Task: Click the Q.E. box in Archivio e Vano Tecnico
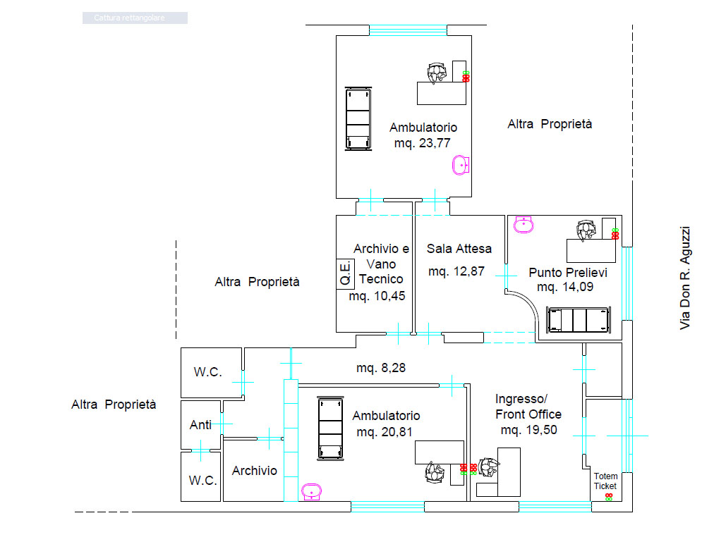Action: tap(345, 274)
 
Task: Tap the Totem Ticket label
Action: tap(605, 481)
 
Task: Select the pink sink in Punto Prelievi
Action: tap(524, 224)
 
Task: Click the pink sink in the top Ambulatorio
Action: tap(461, 165)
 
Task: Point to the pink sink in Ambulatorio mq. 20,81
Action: tap(312, 492)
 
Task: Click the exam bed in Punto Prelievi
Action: tap(579, 319)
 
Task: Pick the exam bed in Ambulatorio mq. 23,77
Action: tap(358, 118)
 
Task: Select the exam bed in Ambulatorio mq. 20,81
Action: tap(331, 428)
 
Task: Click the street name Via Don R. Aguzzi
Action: tap(685, 278)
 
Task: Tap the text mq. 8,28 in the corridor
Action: tap(380, 368)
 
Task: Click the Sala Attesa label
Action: tap(459, 249)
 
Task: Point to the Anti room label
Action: tap(200, 424)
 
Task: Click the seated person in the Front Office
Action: tap(488, 467)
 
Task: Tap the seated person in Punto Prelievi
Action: tap(586, 230)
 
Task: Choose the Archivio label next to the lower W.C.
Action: tap(255, 471)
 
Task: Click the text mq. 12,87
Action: tap(456, 271)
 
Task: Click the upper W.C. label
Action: tap(208, 372)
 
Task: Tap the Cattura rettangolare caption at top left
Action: tap(130, 18)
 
